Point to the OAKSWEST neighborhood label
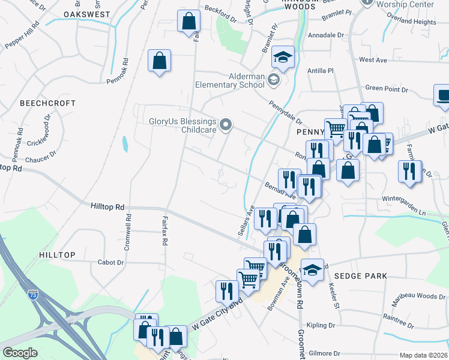(x=86, y=14)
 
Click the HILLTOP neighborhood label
(x=57, y=255)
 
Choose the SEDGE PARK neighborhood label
(x=361, y=275)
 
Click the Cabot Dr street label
(x=112, y=262)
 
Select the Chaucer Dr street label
(x=41, y=160)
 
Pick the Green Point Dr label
(x=387, y=89)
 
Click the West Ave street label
(x=373, y=60)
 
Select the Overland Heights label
(x=411, y=22)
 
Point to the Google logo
(x=20, y=353)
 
